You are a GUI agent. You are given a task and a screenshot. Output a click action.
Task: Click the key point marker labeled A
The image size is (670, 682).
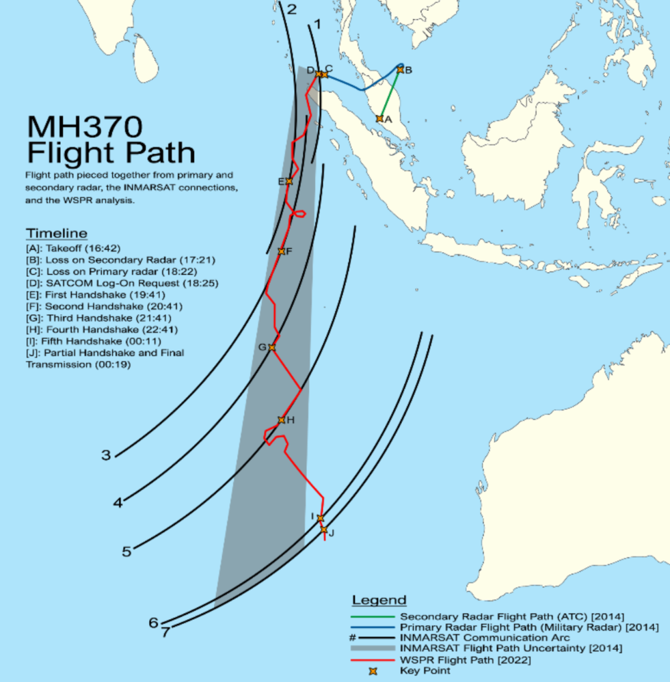(379, 118)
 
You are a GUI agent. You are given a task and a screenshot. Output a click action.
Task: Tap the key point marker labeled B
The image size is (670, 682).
(401, 69)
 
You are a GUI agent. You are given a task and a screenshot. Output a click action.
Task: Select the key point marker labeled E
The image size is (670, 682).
(289, 181)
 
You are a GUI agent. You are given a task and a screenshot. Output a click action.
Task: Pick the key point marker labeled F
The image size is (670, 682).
(281, 251)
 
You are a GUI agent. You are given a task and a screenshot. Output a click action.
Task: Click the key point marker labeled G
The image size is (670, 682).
(272, 347)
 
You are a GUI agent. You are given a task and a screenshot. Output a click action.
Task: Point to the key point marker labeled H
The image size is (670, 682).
(281, 420)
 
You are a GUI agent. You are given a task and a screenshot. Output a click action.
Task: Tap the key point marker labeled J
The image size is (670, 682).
(324, 530)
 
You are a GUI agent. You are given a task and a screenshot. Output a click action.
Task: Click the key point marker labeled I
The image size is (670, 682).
(320, 518)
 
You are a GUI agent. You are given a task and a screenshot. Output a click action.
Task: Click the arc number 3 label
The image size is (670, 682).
(106, 455)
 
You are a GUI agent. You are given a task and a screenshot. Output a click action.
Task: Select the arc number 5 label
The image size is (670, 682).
(126, 551)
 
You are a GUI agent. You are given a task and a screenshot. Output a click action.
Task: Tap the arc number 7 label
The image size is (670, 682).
(165, 632)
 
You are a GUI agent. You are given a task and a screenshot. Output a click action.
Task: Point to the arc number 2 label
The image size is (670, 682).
(292, 10)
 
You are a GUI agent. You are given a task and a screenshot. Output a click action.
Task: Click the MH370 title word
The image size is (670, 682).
(84, 127)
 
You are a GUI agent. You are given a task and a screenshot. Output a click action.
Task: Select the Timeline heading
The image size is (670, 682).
(57, 233)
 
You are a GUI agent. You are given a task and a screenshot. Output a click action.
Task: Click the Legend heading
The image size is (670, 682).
(379, 601)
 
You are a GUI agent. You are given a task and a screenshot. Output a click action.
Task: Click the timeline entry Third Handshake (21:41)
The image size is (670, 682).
(98, 318)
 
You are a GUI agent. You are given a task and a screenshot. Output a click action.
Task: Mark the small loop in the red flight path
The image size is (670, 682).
(298, 216)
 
